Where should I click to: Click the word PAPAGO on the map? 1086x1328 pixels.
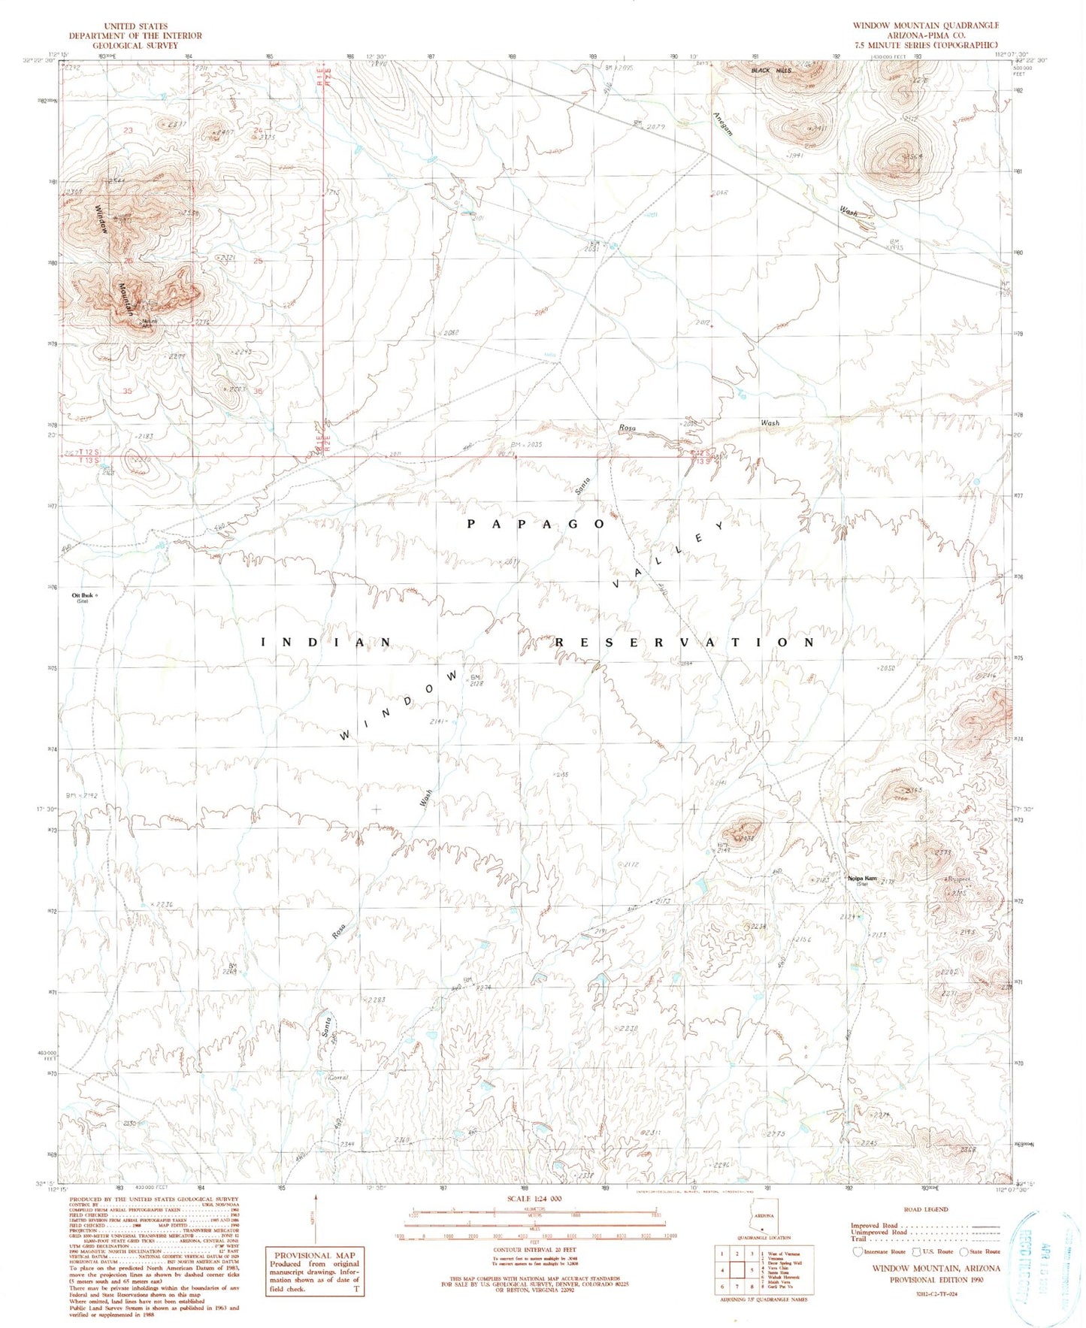click(536, 524)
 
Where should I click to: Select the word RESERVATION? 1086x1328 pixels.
click(684, 643)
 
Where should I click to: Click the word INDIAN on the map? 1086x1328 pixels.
click(326, 643)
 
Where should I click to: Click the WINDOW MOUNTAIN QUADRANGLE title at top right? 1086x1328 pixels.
click(925, 25)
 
